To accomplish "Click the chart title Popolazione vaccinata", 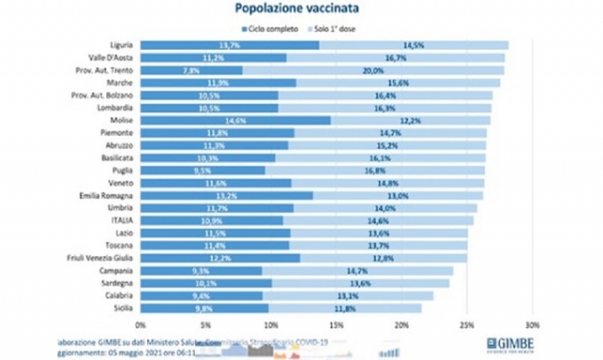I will pos(301,10).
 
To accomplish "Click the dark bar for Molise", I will pos(236,120).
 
